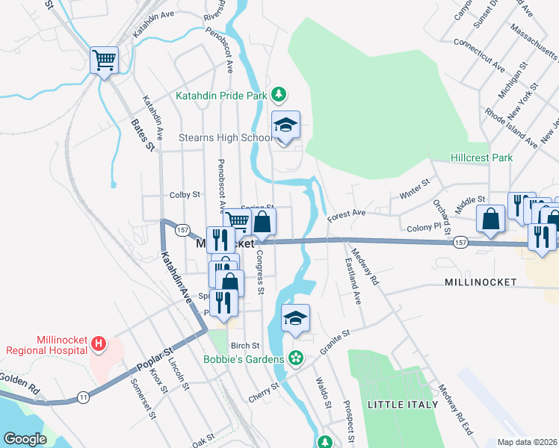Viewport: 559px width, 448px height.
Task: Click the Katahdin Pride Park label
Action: coord(221,95)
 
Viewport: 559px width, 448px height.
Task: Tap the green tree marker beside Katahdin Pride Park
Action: coord(278,94)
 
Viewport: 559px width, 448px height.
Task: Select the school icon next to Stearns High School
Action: coord(285,125)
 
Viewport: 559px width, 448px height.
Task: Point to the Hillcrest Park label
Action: coord(481,158)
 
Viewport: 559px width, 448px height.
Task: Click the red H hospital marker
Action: coord(98,344)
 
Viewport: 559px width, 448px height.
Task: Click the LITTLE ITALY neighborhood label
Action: coord(398,404)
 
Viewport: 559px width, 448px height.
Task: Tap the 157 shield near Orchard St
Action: coord(460,243)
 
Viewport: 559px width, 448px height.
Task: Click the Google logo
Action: coord(24,439)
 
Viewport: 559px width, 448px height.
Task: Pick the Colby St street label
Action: coord(185,194)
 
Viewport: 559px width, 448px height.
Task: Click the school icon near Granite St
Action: coord(296,318)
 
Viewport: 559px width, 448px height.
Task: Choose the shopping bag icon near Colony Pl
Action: coord(491,219)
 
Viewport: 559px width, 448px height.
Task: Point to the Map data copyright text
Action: coord(527,441)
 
